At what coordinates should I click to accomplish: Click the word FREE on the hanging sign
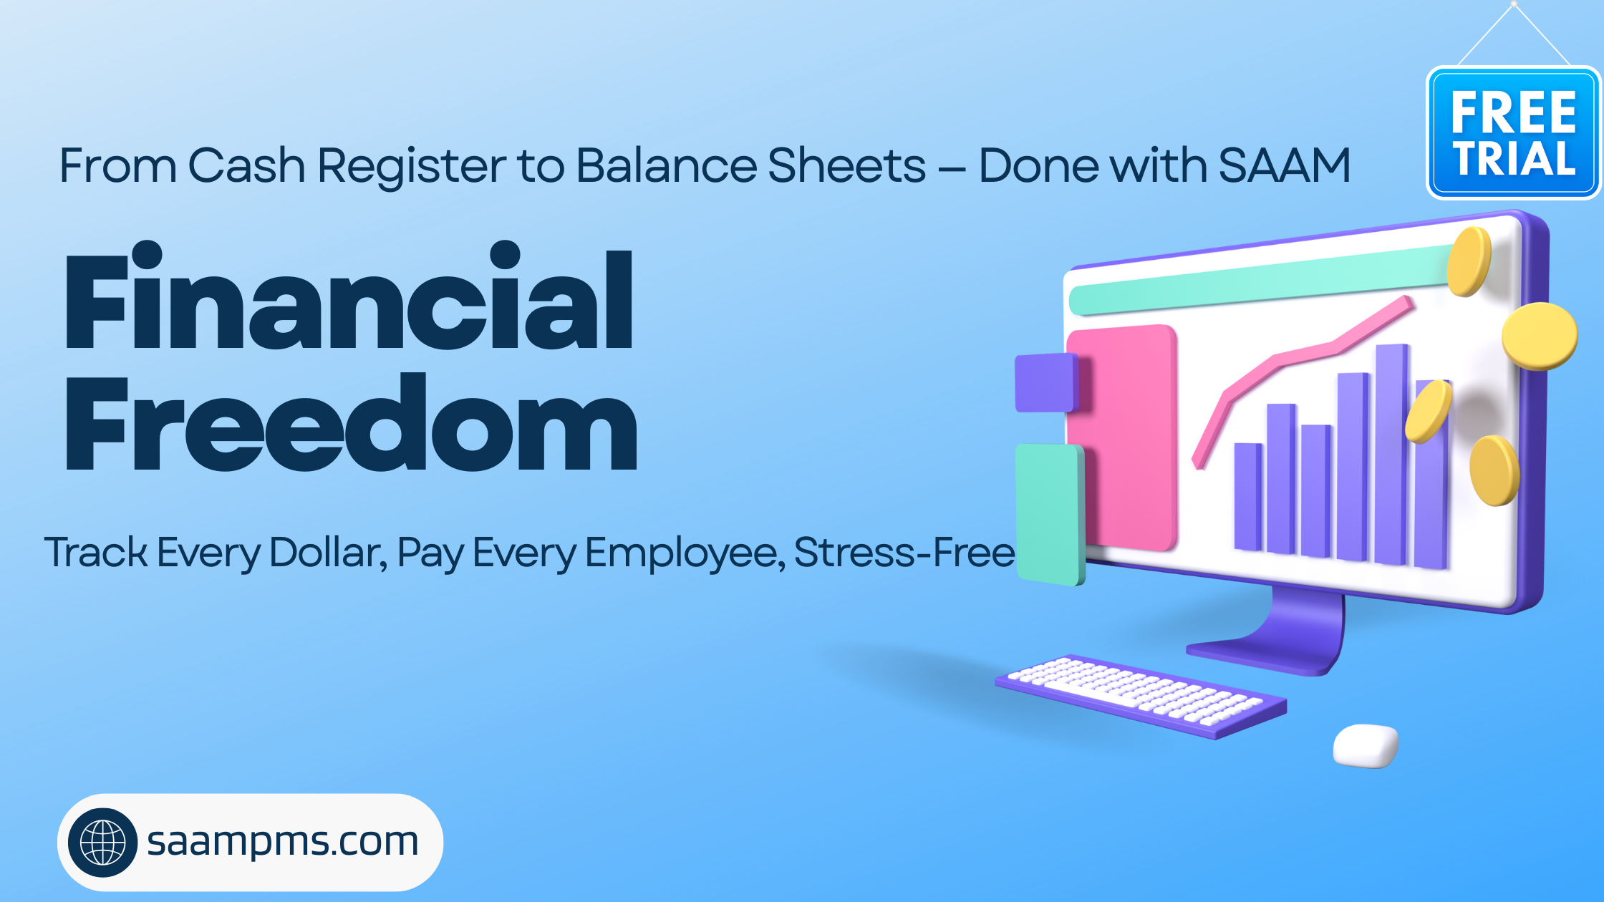tap(1514, 113)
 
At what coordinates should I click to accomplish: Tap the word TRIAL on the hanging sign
tap(1514, 158)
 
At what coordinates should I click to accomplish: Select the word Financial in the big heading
tap(349, 296)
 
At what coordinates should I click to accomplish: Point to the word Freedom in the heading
tap(351, 422)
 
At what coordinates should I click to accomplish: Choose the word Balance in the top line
tap(666, 165)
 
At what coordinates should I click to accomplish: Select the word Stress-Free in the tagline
tap(904, 553)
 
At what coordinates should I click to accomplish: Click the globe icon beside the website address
tap(103, 843)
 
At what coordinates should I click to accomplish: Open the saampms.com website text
tap(282, 842)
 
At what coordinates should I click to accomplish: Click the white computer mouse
tap(1366, 746)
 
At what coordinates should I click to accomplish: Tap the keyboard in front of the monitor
tap(1141, 696)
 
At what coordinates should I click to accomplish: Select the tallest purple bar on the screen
tap(1391, 455)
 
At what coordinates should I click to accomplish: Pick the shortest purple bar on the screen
tap(1248, 497)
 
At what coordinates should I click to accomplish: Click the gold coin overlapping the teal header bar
tap(1469, 261)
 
